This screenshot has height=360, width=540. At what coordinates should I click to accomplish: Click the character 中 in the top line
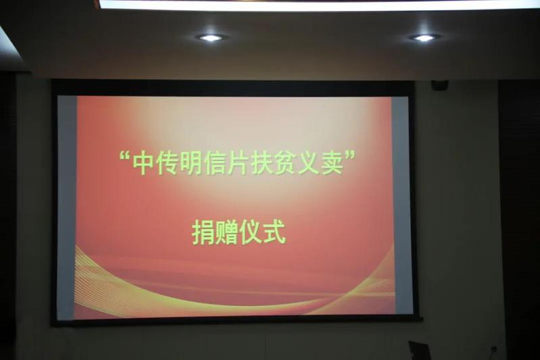click(x=143, y=163)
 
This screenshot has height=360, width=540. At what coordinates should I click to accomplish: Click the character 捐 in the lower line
click(x=203, y=232)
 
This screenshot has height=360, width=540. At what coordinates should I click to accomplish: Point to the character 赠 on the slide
click(x=226, y=232)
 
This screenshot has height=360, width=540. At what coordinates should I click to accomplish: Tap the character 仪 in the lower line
click(x=251, y=232)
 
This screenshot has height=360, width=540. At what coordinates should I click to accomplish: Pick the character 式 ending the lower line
click(x=274, y=232)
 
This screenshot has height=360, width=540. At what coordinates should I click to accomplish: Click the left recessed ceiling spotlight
click(x=211, y=38)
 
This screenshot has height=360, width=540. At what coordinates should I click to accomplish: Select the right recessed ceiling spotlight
click(x=424, y=38)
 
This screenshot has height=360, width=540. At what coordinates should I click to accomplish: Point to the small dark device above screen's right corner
click(x=439, y=84)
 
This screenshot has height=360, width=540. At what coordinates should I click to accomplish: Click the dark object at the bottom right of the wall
click(x=419, y=351)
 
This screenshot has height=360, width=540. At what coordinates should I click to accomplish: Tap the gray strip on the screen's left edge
click(x=67, y=207)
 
